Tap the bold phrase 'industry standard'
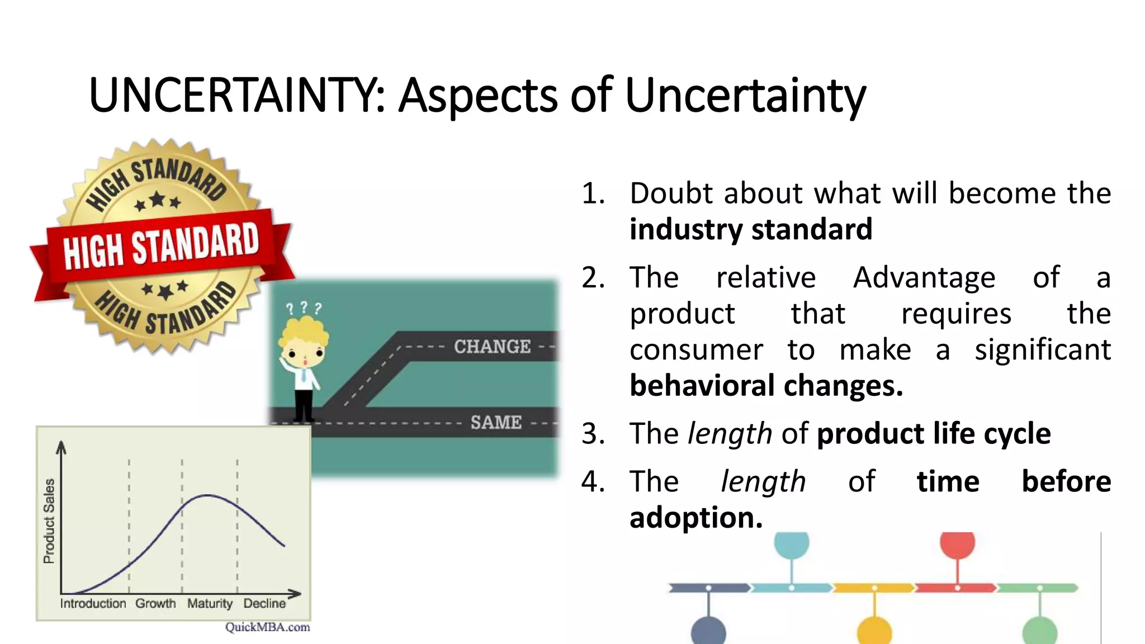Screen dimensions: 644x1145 click(x=750, y=229)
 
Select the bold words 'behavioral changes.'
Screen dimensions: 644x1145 click(x=766, y=386)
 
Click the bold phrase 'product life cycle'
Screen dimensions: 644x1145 click(x=933, y=434)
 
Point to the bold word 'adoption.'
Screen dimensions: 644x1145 click(x=696, y=518)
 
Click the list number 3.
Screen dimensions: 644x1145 click(x=593, y=434)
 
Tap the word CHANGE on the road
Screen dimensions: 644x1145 click(x=492, y=347)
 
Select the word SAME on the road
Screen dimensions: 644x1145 click(x=496, y=422)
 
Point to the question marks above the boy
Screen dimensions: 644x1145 click(x=304, y=307)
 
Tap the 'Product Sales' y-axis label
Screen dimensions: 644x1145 click(x=49, y=520)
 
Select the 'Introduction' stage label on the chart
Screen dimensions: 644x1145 click(x=93, y=604)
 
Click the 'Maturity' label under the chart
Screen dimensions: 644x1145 click(x=210, y=604)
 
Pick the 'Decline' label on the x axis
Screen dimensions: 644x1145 click(x=264, y=604)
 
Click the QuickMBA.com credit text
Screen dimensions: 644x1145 click(x=267, y=627)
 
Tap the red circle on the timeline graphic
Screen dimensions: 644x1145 click(x=957, y=544)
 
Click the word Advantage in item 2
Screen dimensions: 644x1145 click(x=924, y=277)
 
